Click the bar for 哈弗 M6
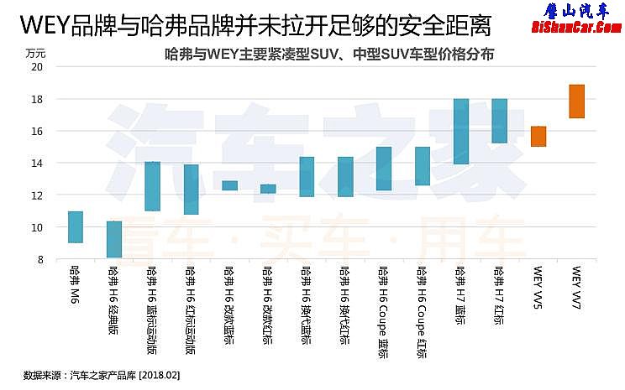pos(76,227)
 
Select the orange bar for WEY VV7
pos(576,101)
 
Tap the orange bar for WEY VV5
pos(538,137)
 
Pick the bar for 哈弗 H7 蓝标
pos(460,132)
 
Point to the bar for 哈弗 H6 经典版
pos(114,240)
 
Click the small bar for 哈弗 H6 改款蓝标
pos(229,185)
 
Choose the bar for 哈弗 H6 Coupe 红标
pos(423,166)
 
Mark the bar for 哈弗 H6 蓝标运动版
pos(153,186)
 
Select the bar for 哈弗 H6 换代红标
pos(345,177)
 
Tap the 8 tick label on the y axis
pos(39,260)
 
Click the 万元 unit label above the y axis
pos(35,53)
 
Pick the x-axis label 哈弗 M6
pos(76,285)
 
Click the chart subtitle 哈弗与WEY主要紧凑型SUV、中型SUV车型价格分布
pos(330,54)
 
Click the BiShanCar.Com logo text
pos(575,28)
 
